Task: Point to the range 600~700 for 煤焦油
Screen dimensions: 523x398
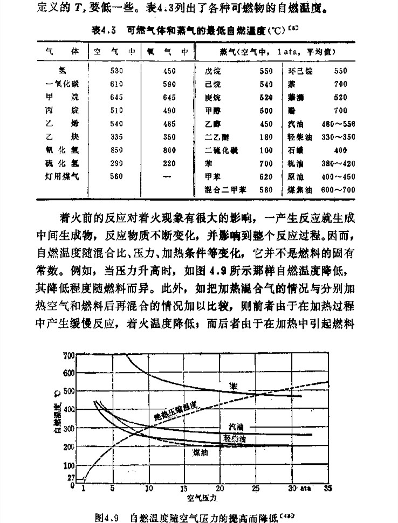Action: click(338, 189)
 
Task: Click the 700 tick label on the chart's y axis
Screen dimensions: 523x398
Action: click(68, 355)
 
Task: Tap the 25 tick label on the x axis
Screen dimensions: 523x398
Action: click(256, 488)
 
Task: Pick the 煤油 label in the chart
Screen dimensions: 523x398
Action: click(200, 452)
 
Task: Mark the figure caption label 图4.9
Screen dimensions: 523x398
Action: click(106, 517)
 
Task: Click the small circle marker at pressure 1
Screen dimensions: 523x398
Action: click(84, 479)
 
